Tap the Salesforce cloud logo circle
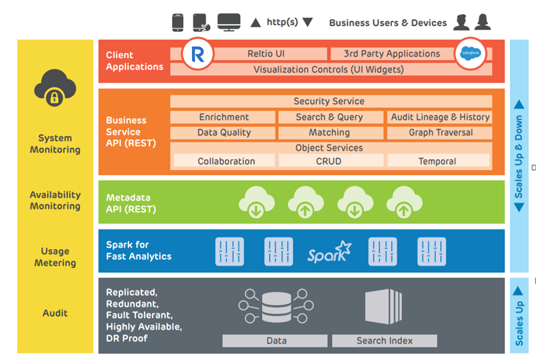[471, 53]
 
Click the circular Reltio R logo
[197, 55]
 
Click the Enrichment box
[223, 117]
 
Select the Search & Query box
[329, 117]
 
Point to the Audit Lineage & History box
[440, 117]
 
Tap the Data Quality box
[223, 133]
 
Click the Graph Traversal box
[440, 133]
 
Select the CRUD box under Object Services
[329, 161]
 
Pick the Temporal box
[437, 161]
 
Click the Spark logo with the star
[329, 252]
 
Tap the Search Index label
[384, 341]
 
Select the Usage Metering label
[55, 257]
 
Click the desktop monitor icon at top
[229, 23]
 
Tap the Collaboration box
[226, 161]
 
